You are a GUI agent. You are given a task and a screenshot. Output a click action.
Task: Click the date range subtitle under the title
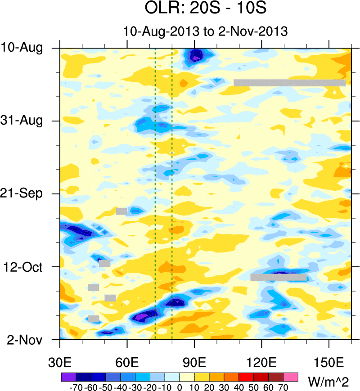(205, 31)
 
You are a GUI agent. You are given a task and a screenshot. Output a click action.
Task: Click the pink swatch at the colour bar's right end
(291, 376)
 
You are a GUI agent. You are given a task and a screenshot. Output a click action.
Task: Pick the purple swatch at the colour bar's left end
(68, 376)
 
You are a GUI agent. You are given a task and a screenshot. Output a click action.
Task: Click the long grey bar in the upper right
(289, 83)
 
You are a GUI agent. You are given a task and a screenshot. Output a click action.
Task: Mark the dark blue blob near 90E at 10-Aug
(196, 55)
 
